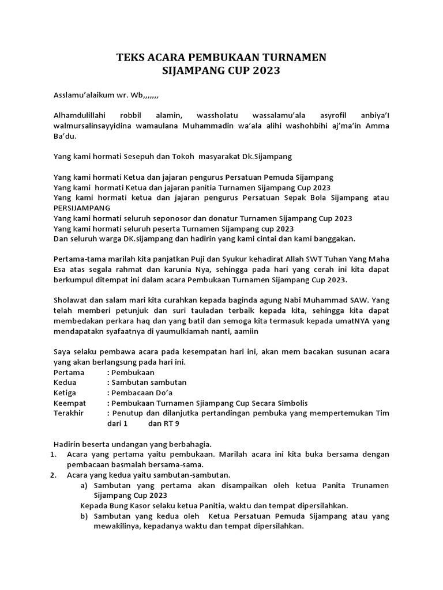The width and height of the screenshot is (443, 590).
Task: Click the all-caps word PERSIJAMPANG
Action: [82, 208]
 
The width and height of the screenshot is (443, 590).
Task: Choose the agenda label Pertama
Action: [69, 372]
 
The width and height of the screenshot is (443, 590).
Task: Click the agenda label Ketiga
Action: [66, 393]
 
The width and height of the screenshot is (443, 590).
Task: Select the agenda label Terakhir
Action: [69, 414]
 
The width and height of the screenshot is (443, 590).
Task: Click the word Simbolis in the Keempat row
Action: [292, 403]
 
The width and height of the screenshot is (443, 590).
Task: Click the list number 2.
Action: [52, 475]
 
